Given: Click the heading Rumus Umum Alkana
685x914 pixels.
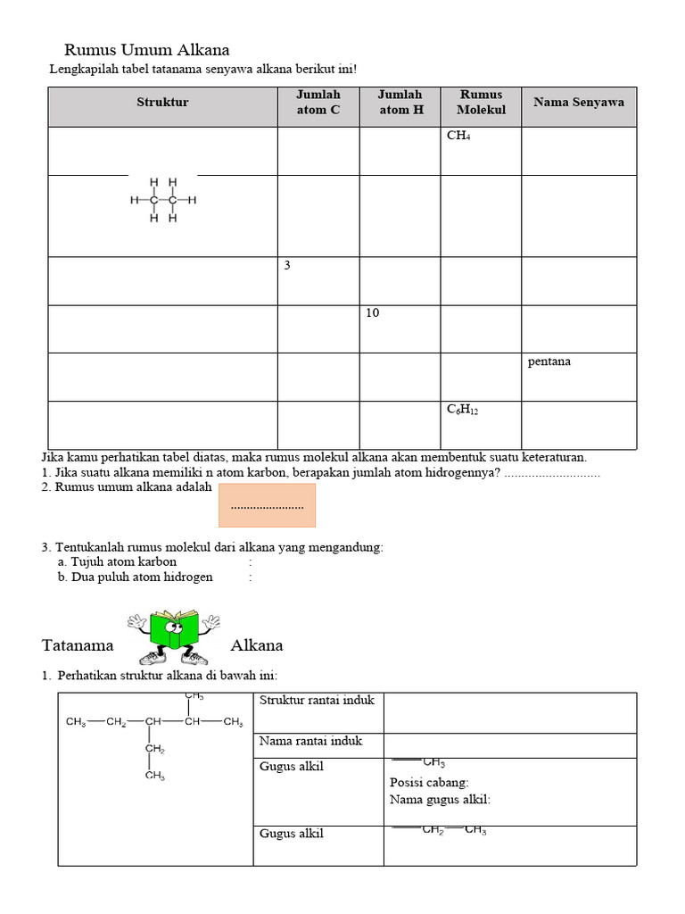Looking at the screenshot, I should point(147,50).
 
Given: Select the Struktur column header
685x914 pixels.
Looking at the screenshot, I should point(162,103).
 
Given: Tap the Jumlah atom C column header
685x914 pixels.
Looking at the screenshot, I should point(318,102).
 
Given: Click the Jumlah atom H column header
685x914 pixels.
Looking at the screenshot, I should point(400,102).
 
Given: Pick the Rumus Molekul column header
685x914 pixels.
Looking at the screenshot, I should point(481,102).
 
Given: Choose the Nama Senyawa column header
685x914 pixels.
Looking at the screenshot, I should point(579,102).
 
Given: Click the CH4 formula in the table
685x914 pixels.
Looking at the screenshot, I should point(458,137).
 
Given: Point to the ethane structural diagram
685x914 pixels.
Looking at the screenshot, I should point(162,200).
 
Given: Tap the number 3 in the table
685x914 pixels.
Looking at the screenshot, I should point(287,266).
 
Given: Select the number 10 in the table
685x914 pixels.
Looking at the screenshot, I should point(372,313).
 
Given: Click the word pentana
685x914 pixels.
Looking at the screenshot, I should point(549,361).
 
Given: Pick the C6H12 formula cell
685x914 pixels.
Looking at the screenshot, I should point(463,410).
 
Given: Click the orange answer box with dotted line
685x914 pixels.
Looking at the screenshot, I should point(267,505).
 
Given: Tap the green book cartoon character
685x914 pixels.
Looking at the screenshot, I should point(173,634).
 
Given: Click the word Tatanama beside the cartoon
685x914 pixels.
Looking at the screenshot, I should point(78,645).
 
